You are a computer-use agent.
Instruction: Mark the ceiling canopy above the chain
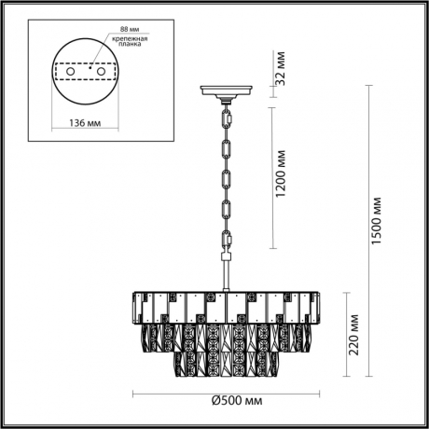pyautogui.click(x=226, y=92)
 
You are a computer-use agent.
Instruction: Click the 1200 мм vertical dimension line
pyautogui.click(x=271, y=177)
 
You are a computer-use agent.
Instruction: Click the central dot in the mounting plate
pyautogui.click(x=90, y=67)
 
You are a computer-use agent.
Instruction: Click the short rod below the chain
pyautogui.click(x=226, y=275)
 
